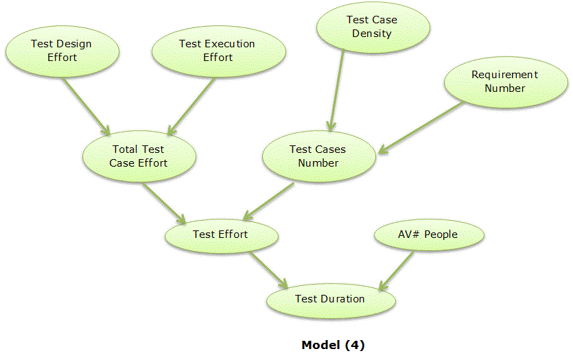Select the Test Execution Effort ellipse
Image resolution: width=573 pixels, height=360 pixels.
coord(217,50)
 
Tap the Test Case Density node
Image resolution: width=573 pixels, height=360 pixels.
coord(373,27)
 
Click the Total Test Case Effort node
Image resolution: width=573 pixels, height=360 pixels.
coord(138,156)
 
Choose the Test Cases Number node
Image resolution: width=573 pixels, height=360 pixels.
coord(318,156)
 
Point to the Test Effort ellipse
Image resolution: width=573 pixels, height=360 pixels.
coord(220,235)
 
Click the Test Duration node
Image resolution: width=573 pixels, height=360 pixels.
coord(330,299)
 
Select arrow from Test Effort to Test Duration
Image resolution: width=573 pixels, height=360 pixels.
coord(268,269)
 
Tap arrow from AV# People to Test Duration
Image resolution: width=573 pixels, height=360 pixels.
coord(396,269)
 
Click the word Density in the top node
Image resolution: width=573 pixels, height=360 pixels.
coord(373,34)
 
